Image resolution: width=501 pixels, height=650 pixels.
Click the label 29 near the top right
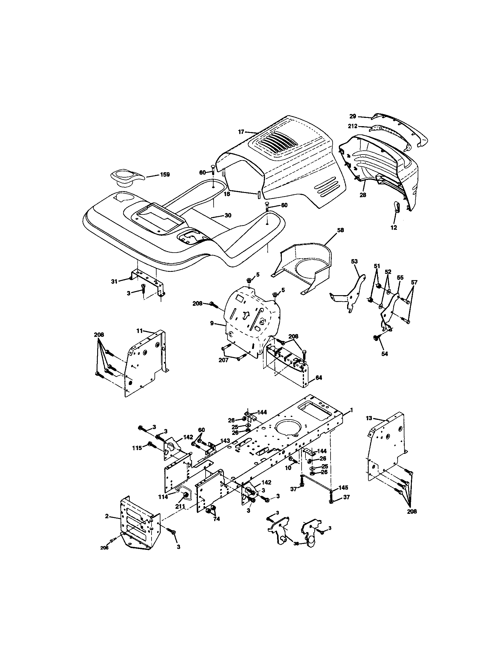coord(353,116)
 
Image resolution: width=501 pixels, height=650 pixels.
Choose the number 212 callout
coord(353,126)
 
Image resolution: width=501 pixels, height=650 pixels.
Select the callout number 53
coord(354,261)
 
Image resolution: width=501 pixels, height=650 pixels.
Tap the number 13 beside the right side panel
coord(369,418)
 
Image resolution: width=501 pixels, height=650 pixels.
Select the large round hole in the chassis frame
coord(288,428)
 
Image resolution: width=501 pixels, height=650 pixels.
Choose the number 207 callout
coord(223,360)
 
